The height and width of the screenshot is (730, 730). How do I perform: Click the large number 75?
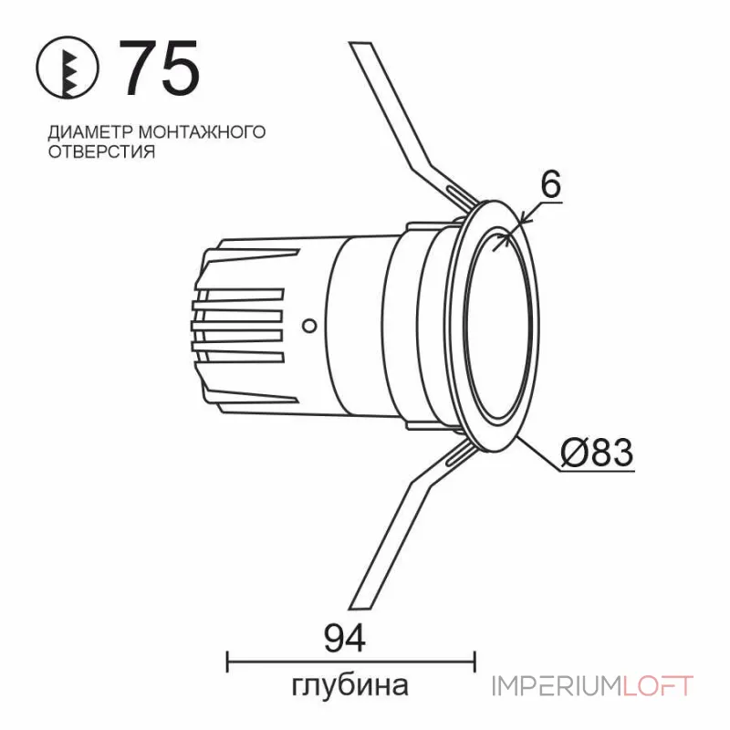(160, 68)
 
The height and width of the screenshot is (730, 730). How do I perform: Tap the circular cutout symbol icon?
(68, 68)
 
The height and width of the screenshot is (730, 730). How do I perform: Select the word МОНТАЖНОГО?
(202, 131)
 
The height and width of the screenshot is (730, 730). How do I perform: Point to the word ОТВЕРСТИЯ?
(101, 151)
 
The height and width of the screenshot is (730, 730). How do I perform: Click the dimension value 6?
(551, 184)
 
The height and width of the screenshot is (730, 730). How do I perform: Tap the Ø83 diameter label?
(598, 452)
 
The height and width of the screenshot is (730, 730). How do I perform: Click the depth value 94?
(345, 638)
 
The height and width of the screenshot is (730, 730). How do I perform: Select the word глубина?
(349, 686)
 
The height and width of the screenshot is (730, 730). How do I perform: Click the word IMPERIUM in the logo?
(557, 686)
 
